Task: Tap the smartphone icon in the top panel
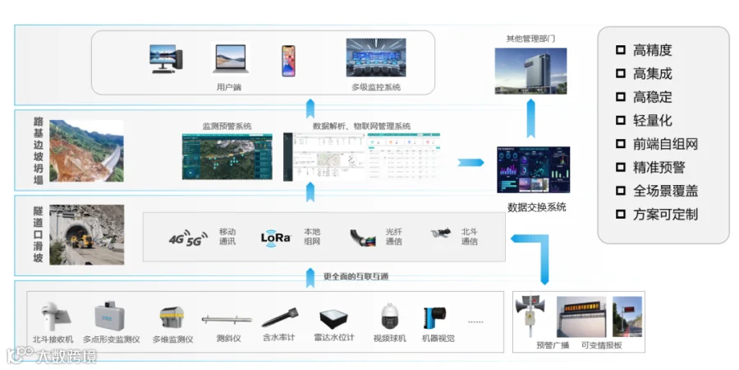(288, 61)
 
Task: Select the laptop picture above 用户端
(230, 60)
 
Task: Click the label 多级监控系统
(375, 87)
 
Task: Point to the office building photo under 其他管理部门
(530, 68)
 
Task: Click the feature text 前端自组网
(665, 144)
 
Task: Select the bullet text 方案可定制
(665, 215)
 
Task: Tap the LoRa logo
(276, 237)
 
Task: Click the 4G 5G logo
(187, 238)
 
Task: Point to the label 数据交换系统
(536, 207)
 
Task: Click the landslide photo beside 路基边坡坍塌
(87, 150)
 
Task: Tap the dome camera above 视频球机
(389, 317)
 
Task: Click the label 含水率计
(278, 339)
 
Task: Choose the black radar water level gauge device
(333, 317)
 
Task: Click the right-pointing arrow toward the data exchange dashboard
(471, 162)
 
